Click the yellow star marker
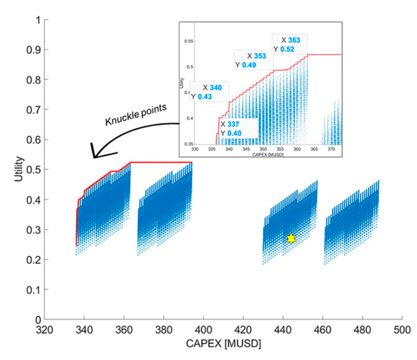tap(291, 238)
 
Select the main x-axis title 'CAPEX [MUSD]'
tap(223, 345)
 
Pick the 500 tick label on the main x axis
tap(402, 330)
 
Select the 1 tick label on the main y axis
tap(37, 20)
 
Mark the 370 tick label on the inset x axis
tap(331, 149)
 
